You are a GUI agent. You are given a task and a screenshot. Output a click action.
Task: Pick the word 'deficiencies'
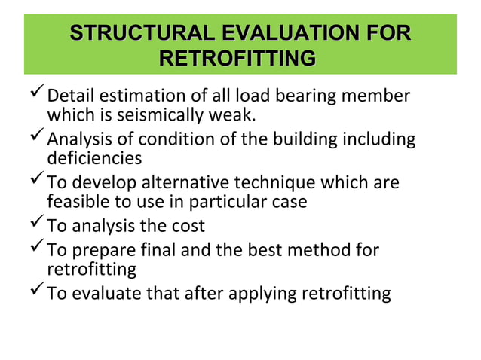(94, 159)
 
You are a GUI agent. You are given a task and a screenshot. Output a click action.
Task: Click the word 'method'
(326, 249)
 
